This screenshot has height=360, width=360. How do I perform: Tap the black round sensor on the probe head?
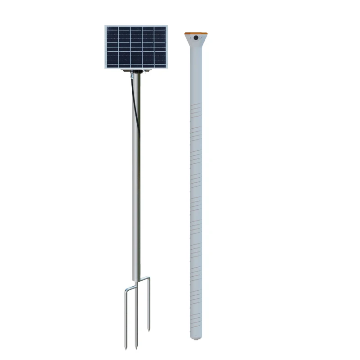click(x=196, y=39)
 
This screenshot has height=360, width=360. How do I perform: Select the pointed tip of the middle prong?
click(x=136, y=349)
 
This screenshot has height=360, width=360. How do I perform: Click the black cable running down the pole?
click(x=134, y=103)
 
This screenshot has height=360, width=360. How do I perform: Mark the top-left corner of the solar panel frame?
click(x=105, y=26)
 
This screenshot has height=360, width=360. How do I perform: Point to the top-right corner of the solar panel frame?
click(x=167, y=26)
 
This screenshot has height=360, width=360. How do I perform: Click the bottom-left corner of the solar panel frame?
click(x=105, y=69)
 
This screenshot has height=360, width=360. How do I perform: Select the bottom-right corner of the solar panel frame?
click(x=167, y=69)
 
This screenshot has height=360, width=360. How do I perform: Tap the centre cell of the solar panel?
click(x=136, y=47)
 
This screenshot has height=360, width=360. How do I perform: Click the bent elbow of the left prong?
click(x=126, y=288)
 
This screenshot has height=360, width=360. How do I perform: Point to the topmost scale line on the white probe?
click(x=196, y=107)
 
